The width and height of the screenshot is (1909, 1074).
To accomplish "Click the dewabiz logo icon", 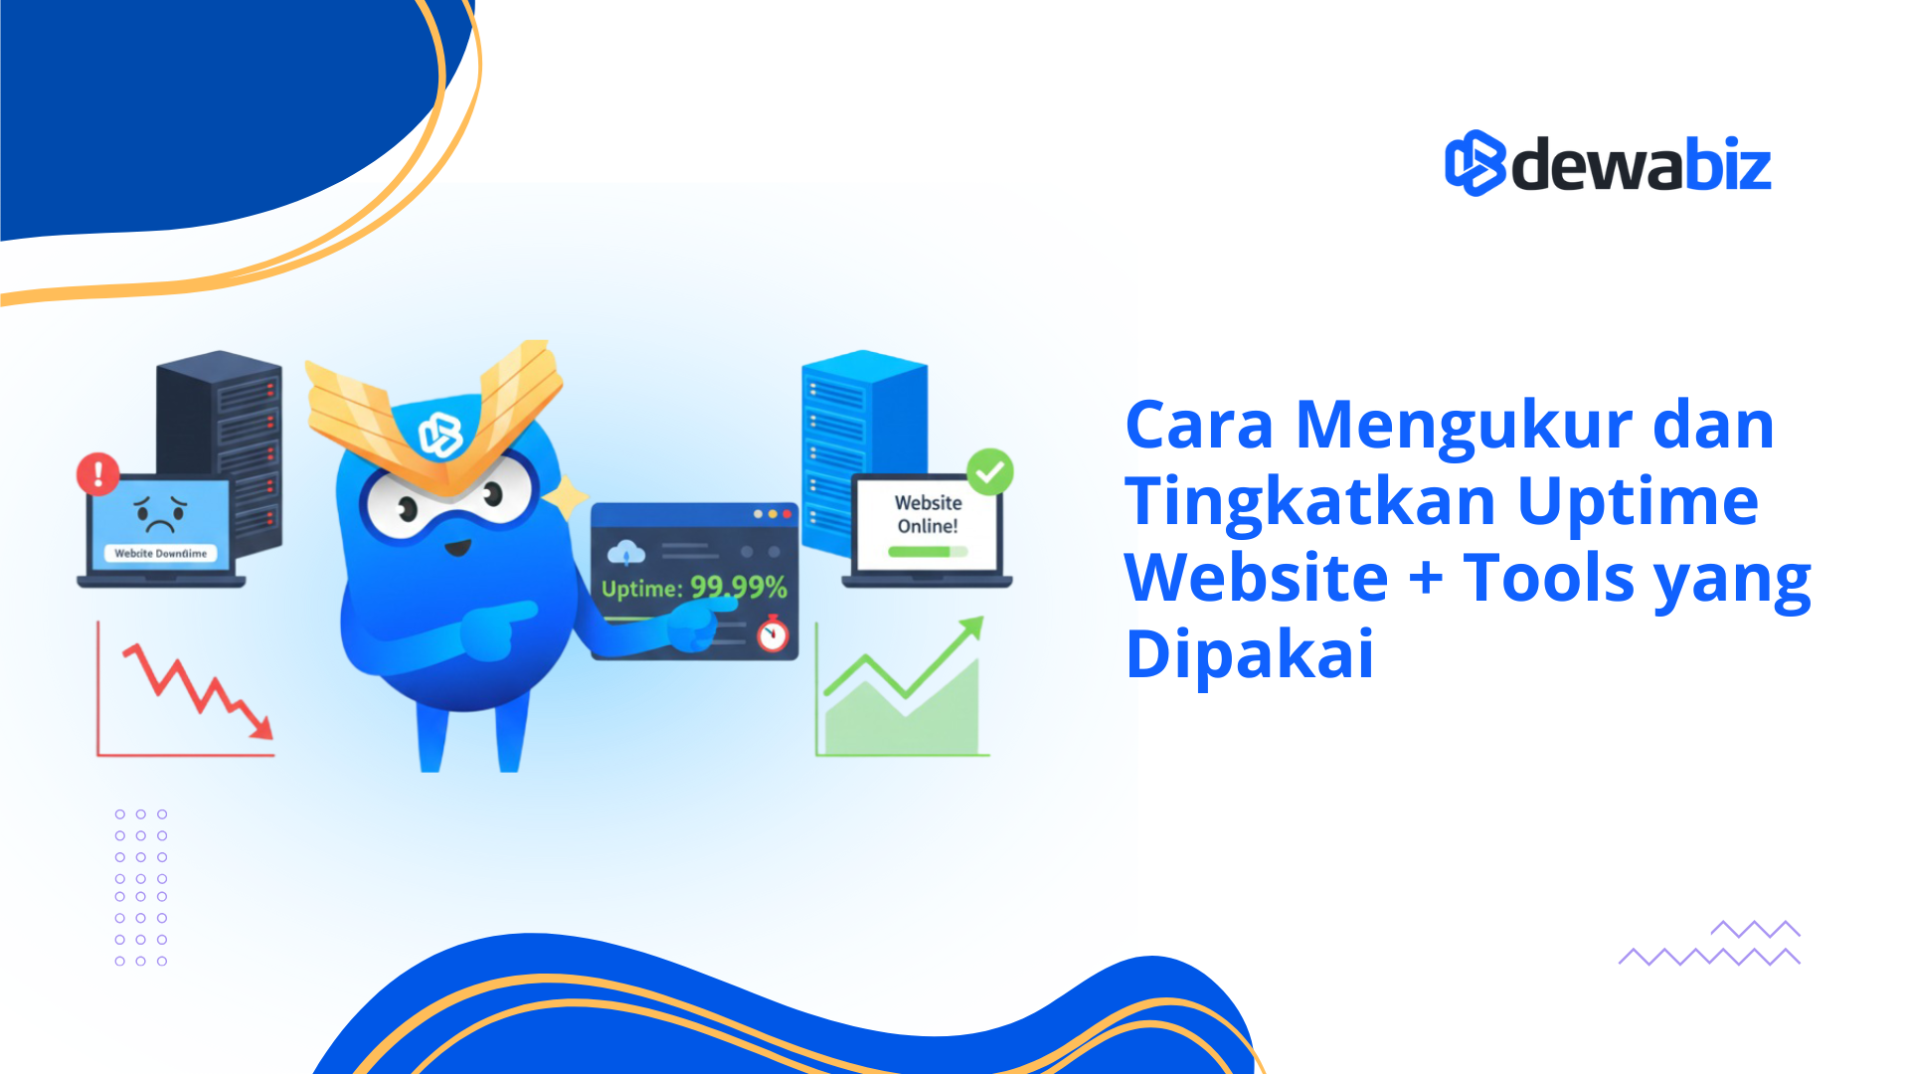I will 1475,163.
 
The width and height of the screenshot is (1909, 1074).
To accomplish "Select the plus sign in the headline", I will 1426,578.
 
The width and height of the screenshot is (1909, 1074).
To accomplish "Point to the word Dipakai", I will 1250,654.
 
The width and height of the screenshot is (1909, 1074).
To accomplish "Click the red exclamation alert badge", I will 98,474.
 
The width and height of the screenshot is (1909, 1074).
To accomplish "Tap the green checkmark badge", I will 989,472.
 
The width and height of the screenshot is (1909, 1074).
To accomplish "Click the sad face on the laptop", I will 160,513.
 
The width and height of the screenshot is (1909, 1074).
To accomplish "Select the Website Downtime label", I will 160,553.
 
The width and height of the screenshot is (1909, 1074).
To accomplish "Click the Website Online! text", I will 928,514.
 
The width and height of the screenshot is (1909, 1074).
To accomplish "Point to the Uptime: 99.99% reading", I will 694,588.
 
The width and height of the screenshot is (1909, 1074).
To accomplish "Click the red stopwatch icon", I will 773,634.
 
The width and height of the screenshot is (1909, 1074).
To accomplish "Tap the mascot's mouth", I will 457,548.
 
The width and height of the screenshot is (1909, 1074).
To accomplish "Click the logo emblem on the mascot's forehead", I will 440,435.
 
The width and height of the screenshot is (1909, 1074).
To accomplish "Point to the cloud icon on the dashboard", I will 625,553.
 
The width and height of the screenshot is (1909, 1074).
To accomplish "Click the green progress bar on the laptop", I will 921,551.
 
